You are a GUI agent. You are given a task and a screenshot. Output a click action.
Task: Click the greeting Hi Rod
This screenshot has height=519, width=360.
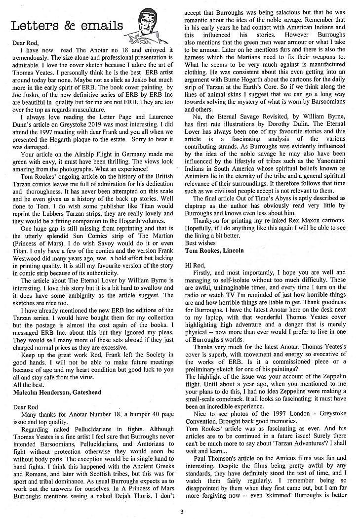pyautogui.click(x=194, y=265)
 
